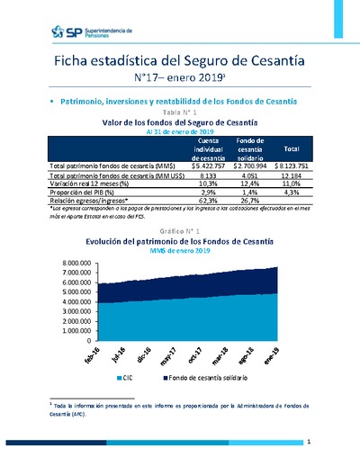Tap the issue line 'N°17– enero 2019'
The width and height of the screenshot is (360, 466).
180,79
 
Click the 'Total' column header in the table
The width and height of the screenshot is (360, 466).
292,149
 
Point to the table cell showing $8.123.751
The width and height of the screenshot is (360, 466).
292,166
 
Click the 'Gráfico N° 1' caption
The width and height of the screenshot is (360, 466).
179,231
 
